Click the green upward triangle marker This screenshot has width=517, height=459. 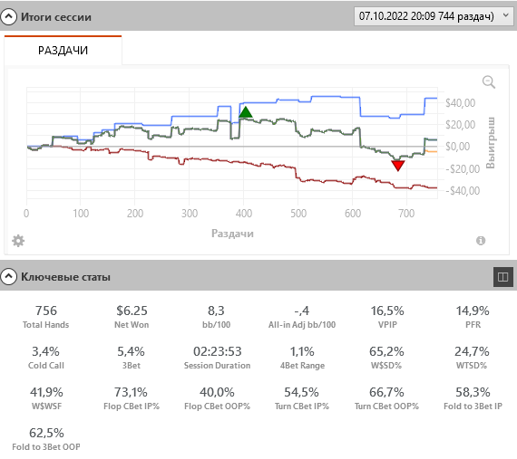(245, 112)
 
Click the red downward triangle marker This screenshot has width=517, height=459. (398, 166)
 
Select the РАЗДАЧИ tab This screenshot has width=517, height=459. (63, 51)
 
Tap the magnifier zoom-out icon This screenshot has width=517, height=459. (489, 81)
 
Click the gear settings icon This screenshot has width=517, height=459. (18, 241)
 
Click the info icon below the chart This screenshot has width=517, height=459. (481, 241)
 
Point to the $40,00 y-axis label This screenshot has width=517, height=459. (460, 103)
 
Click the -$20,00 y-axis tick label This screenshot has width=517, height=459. (463, 169)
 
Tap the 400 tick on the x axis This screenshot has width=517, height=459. (244, 214)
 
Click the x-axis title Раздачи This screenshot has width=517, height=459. (232, 234)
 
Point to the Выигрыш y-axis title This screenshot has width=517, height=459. (491, 142)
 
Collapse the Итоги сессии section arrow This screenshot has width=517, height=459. (8, 16)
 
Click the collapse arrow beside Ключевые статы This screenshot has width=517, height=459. (8, 277)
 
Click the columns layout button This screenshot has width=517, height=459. (502, 277)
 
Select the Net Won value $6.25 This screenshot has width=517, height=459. (132, 311)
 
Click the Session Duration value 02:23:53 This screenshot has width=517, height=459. (218, 351)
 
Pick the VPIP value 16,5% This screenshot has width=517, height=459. (387, 311)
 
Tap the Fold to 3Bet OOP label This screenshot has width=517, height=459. (46, 447)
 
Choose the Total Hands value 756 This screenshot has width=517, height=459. (46, 311)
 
